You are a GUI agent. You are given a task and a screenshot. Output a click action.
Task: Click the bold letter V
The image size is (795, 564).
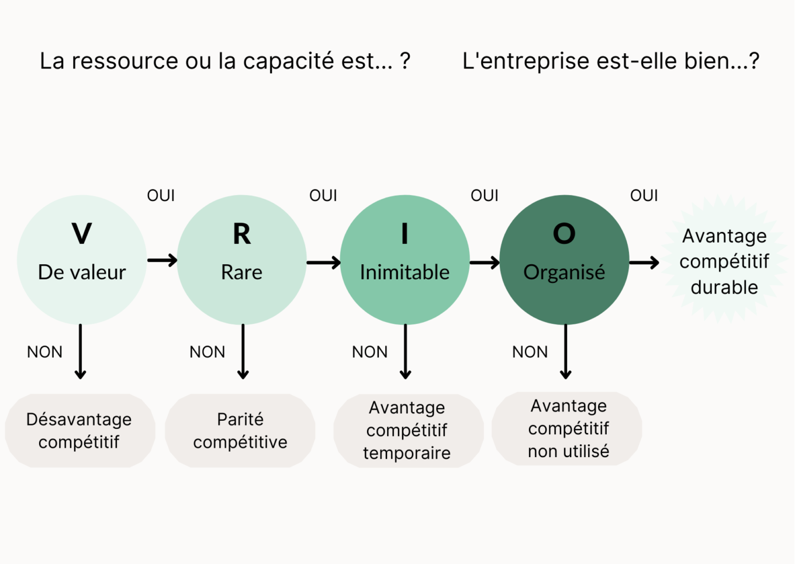[82, 234]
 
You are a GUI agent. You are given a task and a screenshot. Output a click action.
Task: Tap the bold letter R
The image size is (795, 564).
[241, 234]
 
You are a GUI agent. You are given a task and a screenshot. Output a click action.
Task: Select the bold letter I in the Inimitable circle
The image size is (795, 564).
[405, 234]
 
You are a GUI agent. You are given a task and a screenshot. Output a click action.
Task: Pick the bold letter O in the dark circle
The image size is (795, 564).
[564, 234]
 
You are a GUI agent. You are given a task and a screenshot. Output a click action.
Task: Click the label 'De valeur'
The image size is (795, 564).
[82, 272]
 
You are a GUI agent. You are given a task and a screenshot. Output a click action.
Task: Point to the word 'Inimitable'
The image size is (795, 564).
[405, 272]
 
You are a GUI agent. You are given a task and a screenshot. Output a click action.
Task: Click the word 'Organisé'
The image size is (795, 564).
[564, 272]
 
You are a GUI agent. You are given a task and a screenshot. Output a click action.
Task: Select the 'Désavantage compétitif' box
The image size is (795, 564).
[79, 431]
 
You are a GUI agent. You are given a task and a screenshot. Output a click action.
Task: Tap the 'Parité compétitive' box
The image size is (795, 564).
[240, 431]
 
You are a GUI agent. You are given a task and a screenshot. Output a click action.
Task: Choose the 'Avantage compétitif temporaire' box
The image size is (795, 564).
[407, 430]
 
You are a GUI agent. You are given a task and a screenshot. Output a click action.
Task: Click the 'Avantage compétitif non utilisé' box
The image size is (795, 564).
[568, 428]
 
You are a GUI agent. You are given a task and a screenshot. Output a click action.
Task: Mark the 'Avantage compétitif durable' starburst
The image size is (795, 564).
[724, 261]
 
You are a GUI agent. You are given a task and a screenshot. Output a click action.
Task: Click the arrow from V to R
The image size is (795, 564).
[162, 260]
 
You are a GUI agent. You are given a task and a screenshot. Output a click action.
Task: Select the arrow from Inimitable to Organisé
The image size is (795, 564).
[485, 262]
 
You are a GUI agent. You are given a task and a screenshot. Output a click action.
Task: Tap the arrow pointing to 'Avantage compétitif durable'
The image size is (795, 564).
[644, 263]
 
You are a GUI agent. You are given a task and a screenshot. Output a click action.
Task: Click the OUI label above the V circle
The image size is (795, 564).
[161, 195]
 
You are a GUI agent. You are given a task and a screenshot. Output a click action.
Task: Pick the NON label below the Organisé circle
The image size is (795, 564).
[530, 352]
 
